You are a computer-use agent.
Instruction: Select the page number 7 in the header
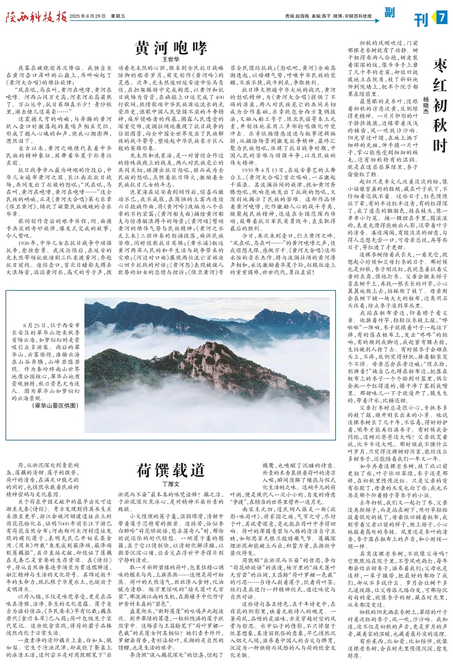tap(442, 15)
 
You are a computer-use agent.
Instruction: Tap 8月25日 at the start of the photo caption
tap(38, 306)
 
